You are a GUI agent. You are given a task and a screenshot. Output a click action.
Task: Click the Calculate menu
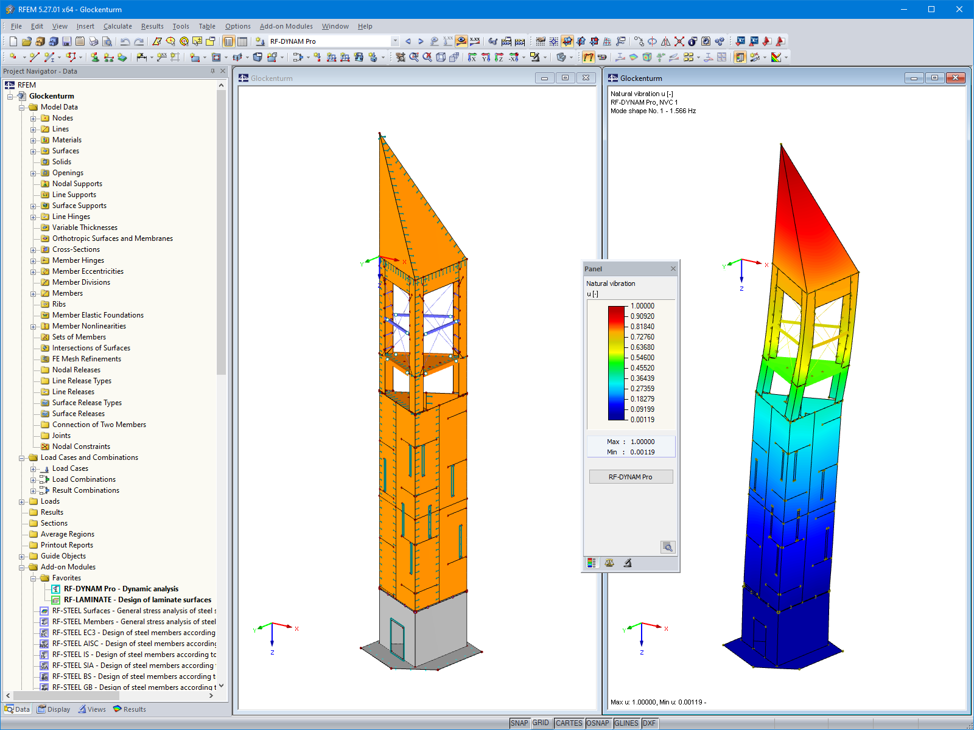(117, 26)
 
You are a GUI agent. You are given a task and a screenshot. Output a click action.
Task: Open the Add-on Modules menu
(286, 26)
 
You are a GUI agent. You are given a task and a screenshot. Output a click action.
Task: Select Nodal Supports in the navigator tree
(77, 184)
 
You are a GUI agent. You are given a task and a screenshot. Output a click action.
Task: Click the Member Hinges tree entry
(78, 260)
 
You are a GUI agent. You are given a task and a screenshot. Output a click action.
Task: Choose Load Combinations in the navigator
(83, 479)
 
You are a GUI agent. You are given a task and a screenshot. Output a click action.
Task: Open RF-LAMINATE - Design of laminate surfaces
(137, 600)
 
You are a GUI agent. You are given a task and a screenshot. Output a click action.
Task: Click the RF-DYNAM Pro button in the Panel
(631, 477)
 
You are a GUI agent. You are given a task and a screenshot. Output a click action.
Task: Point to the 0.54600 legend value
(642, 358)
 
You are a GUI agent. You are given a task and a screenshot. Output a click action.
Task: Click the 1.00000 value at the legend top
(642, 306)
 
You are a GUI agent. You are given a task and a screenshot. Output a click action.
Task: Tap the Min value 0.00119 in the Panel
(642, 452)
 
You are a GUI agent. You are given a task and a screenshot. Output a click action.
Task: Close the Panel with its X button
(673, 269)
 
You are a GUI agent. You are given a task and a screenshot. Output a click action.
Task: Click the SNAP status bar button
(519, 723)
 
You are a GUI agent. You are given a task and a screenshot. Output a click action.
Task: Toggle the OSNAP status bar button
(597, 723)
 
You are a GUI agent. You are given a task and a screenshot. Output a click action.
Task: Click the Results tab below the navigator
(130, 709)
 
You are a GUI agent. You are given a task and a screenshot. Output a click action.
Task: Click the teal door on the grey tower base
(397, 639)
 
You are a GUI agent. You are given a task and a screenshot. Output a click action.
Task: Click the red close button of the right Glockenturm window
(955, 78)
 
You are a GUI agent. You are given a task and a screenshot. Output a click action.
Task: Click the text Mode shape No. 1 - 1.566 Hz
(653, 111)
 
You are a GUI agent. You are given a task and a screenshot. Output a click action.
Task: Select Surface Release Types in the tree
(86, 403)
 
